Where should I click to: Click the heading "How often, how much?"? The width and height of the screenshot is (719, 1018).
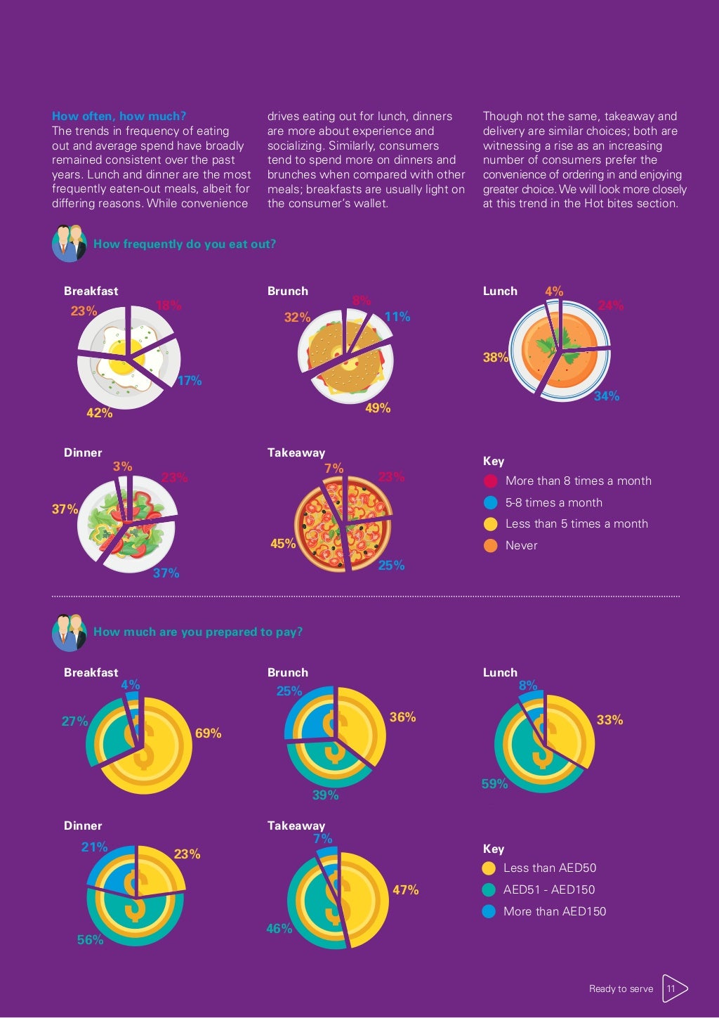(x=119, y=117)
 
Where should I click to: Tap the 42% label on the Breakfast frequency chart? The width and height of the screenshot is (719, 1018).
(x=99, y=413)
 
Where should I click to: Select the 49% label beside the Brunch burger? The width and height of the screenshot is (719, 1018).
(x=378, y=408)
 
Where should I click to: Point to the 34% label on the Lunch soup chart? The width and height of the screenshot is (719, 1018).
(x=607, y=396)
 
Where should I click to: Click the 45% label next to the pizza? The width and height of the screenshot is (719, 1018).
(x=283, y=544)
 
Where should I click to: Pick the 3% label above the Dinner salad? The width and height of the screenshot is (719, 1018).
(x=122, y=466)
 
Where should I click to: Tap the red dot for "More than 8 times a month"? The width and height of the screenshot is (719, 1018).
(x=491, y=481)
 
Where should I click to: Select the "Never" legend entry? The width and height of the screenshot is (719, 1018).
(x=521, y=545)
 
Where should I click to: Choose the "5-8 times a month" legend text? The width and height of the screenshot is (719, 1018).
(x=553, y=503)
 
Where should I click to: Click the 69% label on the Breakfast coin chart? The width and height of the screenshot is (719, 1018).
(x=208, y=733)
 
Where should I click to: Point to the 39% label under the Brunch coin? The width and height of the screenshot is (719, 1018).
(x=325, y=795)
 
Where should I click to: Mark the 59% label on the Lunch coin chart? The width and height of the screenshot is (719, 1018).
(x=494, y=784)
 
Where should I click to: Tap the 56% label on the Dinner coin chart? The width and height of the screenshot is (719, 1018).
(x=90, y=940)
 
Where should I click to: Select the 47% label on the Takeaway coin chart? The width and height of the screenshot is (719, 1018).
(x=405, y=890)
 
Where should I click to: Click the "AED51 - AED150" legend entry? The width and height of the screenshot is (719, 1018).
(x=548, y=889)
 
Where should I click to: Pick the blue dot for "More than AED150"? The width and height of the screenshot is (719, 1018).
(x=489, y=912)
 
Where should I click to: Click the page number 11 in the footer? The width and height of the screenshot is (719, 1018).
(x=671, y=988)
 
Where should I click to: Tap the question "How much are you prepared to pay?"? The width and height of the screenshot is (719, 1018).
(x=198, y=632)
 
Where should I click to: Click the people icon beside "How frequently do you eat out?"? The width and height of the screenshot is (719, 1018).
(x=69, y=243)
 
